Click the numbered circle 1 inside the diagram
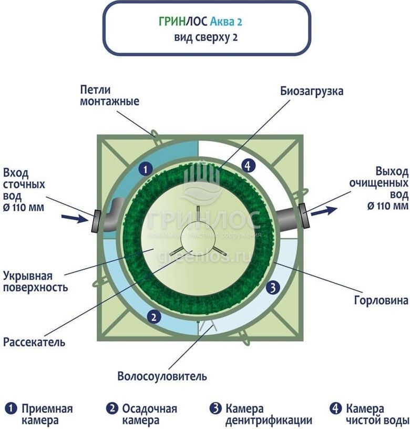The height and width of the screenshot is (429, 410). pyautogui.click(x=146, y=169)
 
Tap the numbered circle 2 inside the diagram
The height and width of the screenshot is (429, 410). pyautogui.click(x=153, y=316)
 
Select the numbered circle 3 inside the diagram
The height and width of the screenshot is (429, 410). pyautogui.click(x=272, y=287)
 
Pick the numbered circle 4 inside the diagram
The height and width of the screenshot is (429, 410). pyautogui.click(x=249, y=166)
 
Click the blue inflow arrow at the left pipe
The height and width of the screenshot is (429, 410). pyautogui.click(x=73, y=217)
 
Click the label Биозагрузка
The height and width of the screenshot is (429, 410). pyautogui.click(x=312, y=91)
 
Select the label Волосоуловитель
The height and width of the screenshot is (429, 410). pyautogui.click(x=162, y=376)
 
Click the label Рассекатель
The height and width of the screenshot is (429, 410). pyautogui.click(x=34, y=342)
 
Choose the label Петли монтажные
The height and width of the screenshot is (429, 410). pyautogui.click(x=109, y=95)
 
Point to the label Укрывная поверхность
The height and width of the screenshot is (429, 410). pyautogui.click(x=35, y=281)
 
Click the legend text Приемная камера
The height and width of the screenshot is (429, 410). pyautogui.click(x=47, y=414)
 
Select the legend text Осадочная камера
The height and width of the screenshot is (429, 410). pyautogui.click(x=149, y=414)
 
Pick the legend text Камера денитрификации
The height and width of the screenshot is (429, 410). pyautogui.click(x=269, y=414)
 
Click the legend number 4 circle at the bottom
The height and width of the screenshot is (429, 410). pyautogui.click(x=335, y=408)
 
